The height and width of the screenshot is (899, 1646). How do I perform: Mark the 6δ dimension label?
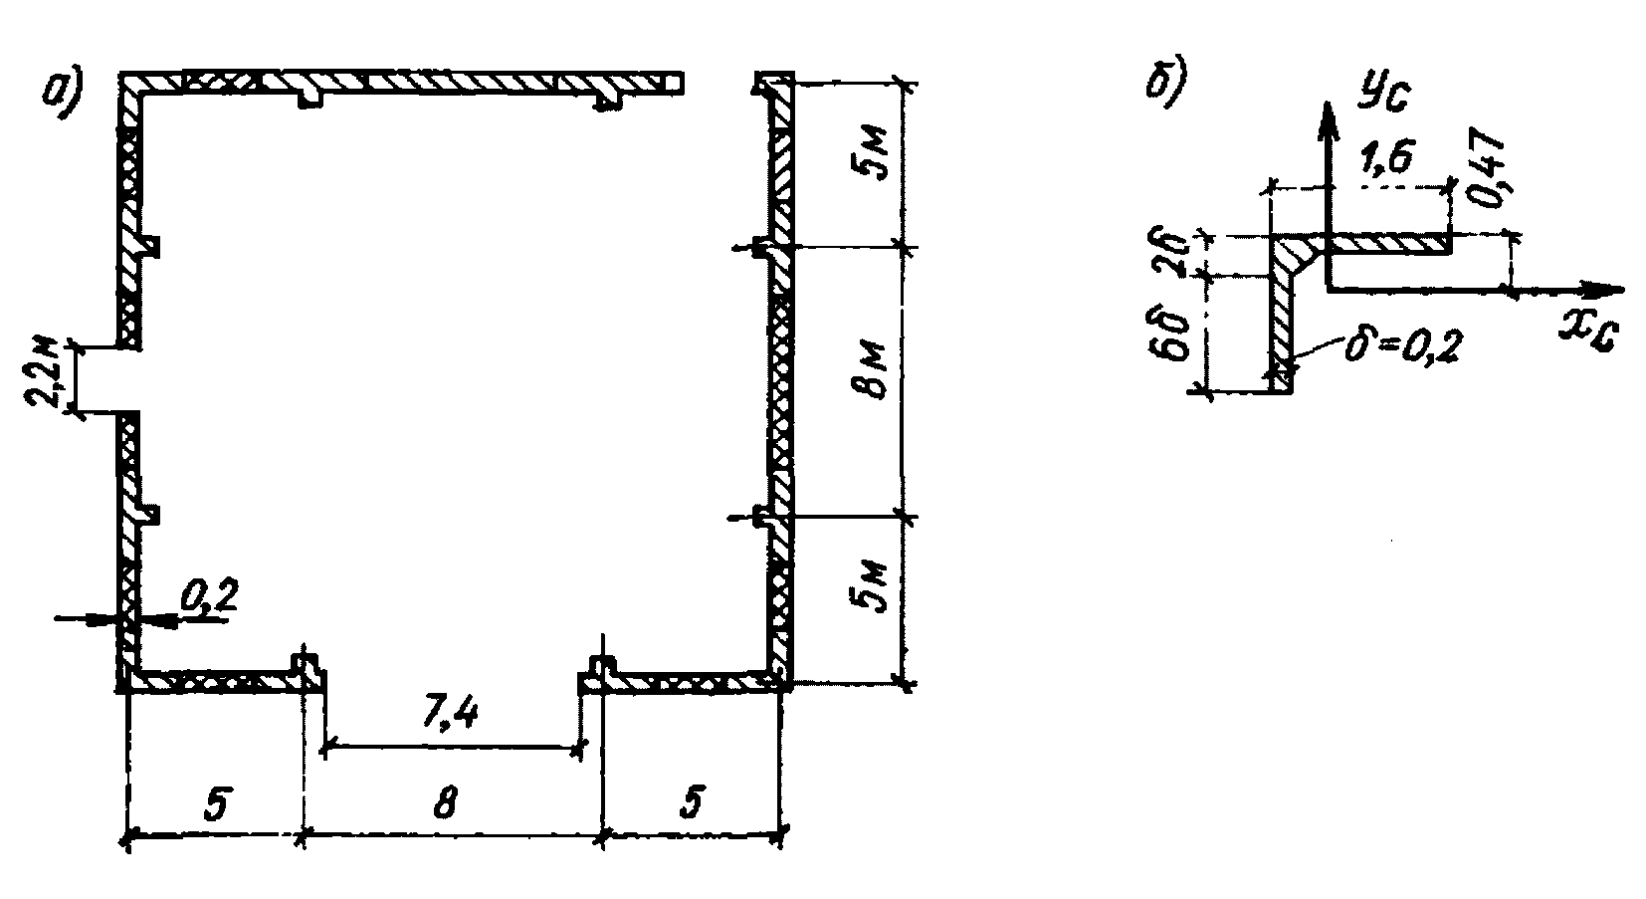point(1176,337)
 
